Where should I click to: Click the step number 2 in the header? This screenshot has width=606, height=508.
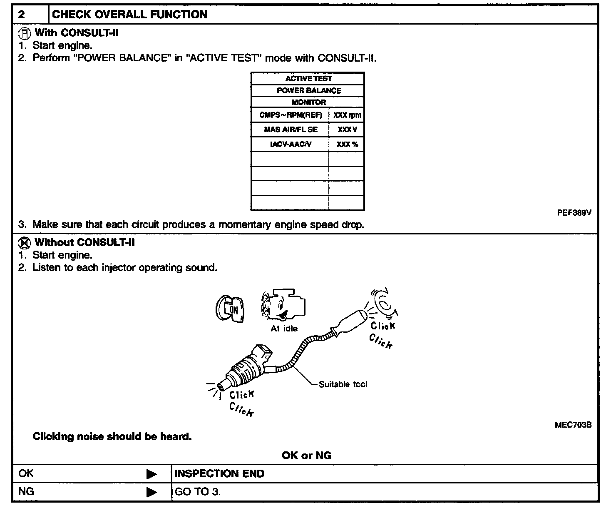(x=22, y=15)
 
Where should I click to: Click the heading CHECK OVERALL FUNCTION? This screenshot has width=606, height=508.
(x=129, y=15)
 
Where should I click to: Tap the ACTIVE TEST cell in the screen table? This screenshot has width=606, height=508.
(x=308, y=79)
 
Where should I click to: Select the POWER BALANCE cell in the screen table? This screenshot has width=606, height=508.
(x=308, y=90)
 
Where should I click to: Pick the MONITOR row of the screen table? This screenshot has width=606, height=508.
(x=308, y=102)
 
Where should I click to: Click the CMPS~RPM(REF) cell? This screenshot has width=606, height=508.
(x=290, y=115)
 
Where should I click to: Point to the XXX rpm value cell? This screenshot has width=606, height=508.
(x=347, y=115)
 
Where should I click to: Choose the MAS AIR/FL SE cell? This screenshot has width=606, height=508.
(x=290, y=129)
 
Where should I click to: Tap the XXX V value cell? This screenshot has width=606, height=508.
(x=347, y=129)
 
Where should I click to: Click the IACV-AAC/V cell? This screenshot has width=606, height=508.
(x=290, y=144)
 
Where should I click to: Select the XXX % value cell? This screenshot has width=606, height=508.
(x=347, y=144)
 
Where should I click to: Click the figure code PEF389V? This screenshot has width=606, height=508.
(x=574, y=212)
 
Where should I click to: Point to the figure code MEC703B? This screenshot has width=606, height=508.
(x=573, y=425)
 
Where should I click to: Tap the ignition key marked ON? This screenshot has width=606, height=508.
(x=230, y=309)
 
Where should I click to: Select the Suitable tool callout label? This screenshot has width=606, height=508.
(x=343, y=384)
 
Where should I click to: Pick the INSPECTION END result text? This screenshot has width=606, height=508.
(x=219, y=473)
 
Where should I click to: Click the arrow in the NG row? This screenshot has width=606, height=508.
(x=152, y=492)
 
